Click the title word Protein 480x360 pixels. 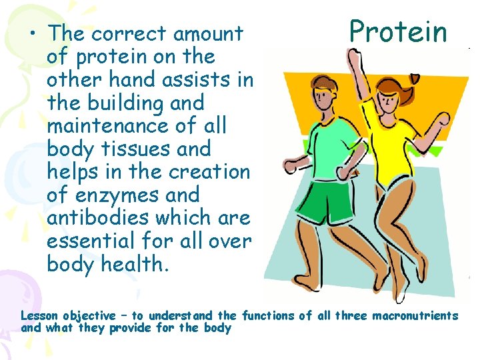398,31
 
